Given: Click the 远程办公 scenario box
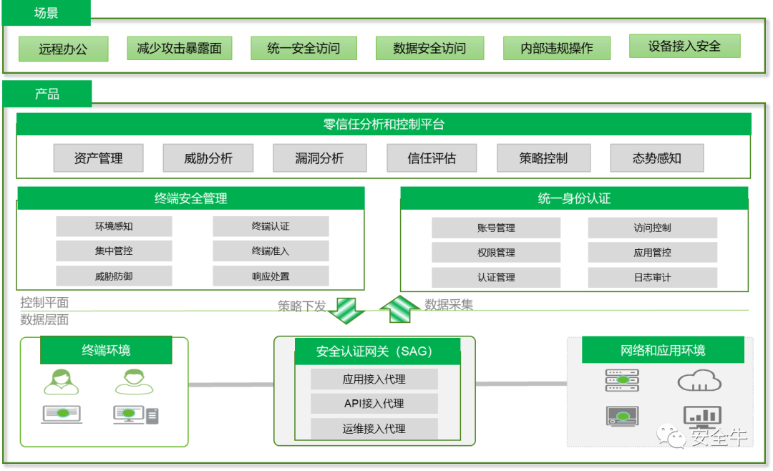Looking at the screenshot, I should click(63, 49).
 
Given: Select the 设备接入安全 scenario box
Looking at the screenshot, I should click(684, 47).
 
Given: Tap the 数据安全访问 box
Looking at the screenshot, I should click(429, 49).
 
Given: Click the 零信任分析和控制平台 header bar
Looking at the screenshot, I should click(384, 125).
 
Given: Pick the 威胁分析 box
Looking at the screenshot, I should click(208, 158).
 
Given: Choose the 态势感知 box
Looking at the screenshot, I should click(656, 158).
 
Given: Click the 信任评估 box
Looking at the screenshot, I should click(432, 158).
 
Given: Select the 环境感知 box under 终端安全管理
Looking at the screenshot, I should click(114, 227).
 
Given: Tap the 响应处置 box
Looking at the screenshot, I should click(271, 276).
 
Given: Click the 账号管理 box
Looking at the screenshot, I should click(496, 228).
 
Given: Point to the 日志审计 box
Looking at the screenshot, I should click(652, 278).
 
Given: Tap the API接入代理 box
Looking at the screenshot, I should click(374, 404).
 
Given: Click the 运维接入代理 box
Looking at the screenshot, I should click(374, 429).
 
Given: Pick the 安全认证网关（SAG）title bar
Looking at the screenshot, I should click(374, 351).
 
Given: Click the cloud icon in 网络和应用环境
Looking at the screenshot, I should click(699, 380).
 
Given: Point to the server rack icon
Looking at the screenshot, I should click(621, 380).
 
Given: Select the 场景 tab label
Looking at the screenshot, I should click(47, 13).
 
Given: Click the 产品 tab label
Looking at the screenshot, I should click(47, 94).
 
